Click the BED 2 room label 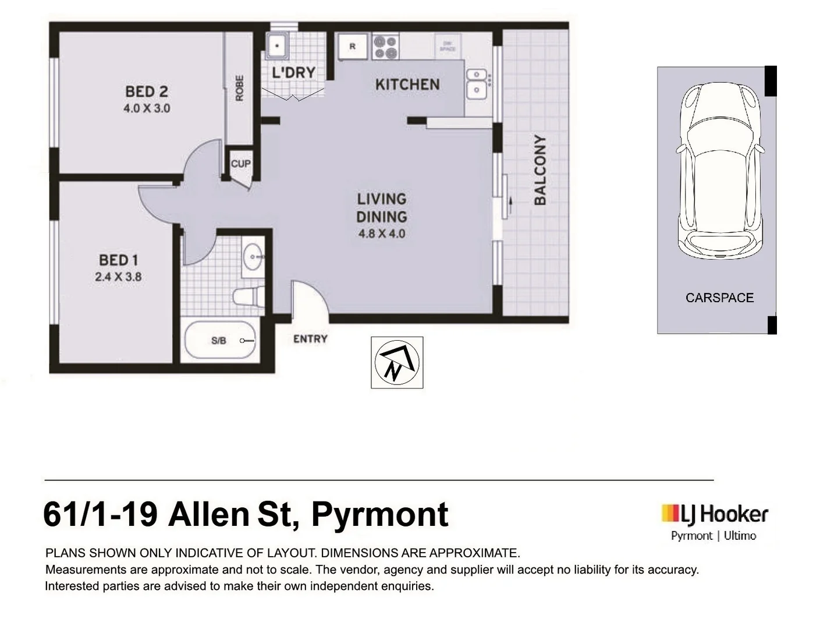147,91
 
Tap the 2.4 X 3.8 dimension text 118,277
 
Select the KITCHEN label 407,85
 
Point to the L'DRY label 294,73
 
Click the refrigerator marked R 353,47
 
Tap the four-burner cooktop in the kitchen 385,47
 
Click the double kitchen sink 477,83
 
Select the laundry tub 277,45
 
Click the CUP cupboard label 240,164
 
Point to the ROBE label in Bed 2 239,89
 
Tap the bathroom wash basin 254,256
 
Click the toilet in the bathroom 248,297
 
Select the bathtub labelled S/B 220,341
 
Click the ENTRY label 310,339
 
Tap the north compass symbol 397,362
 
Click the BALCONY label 540,170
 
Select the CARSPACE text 719,298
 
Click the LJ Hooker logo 714,514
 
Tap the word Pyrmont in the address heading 379,515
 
